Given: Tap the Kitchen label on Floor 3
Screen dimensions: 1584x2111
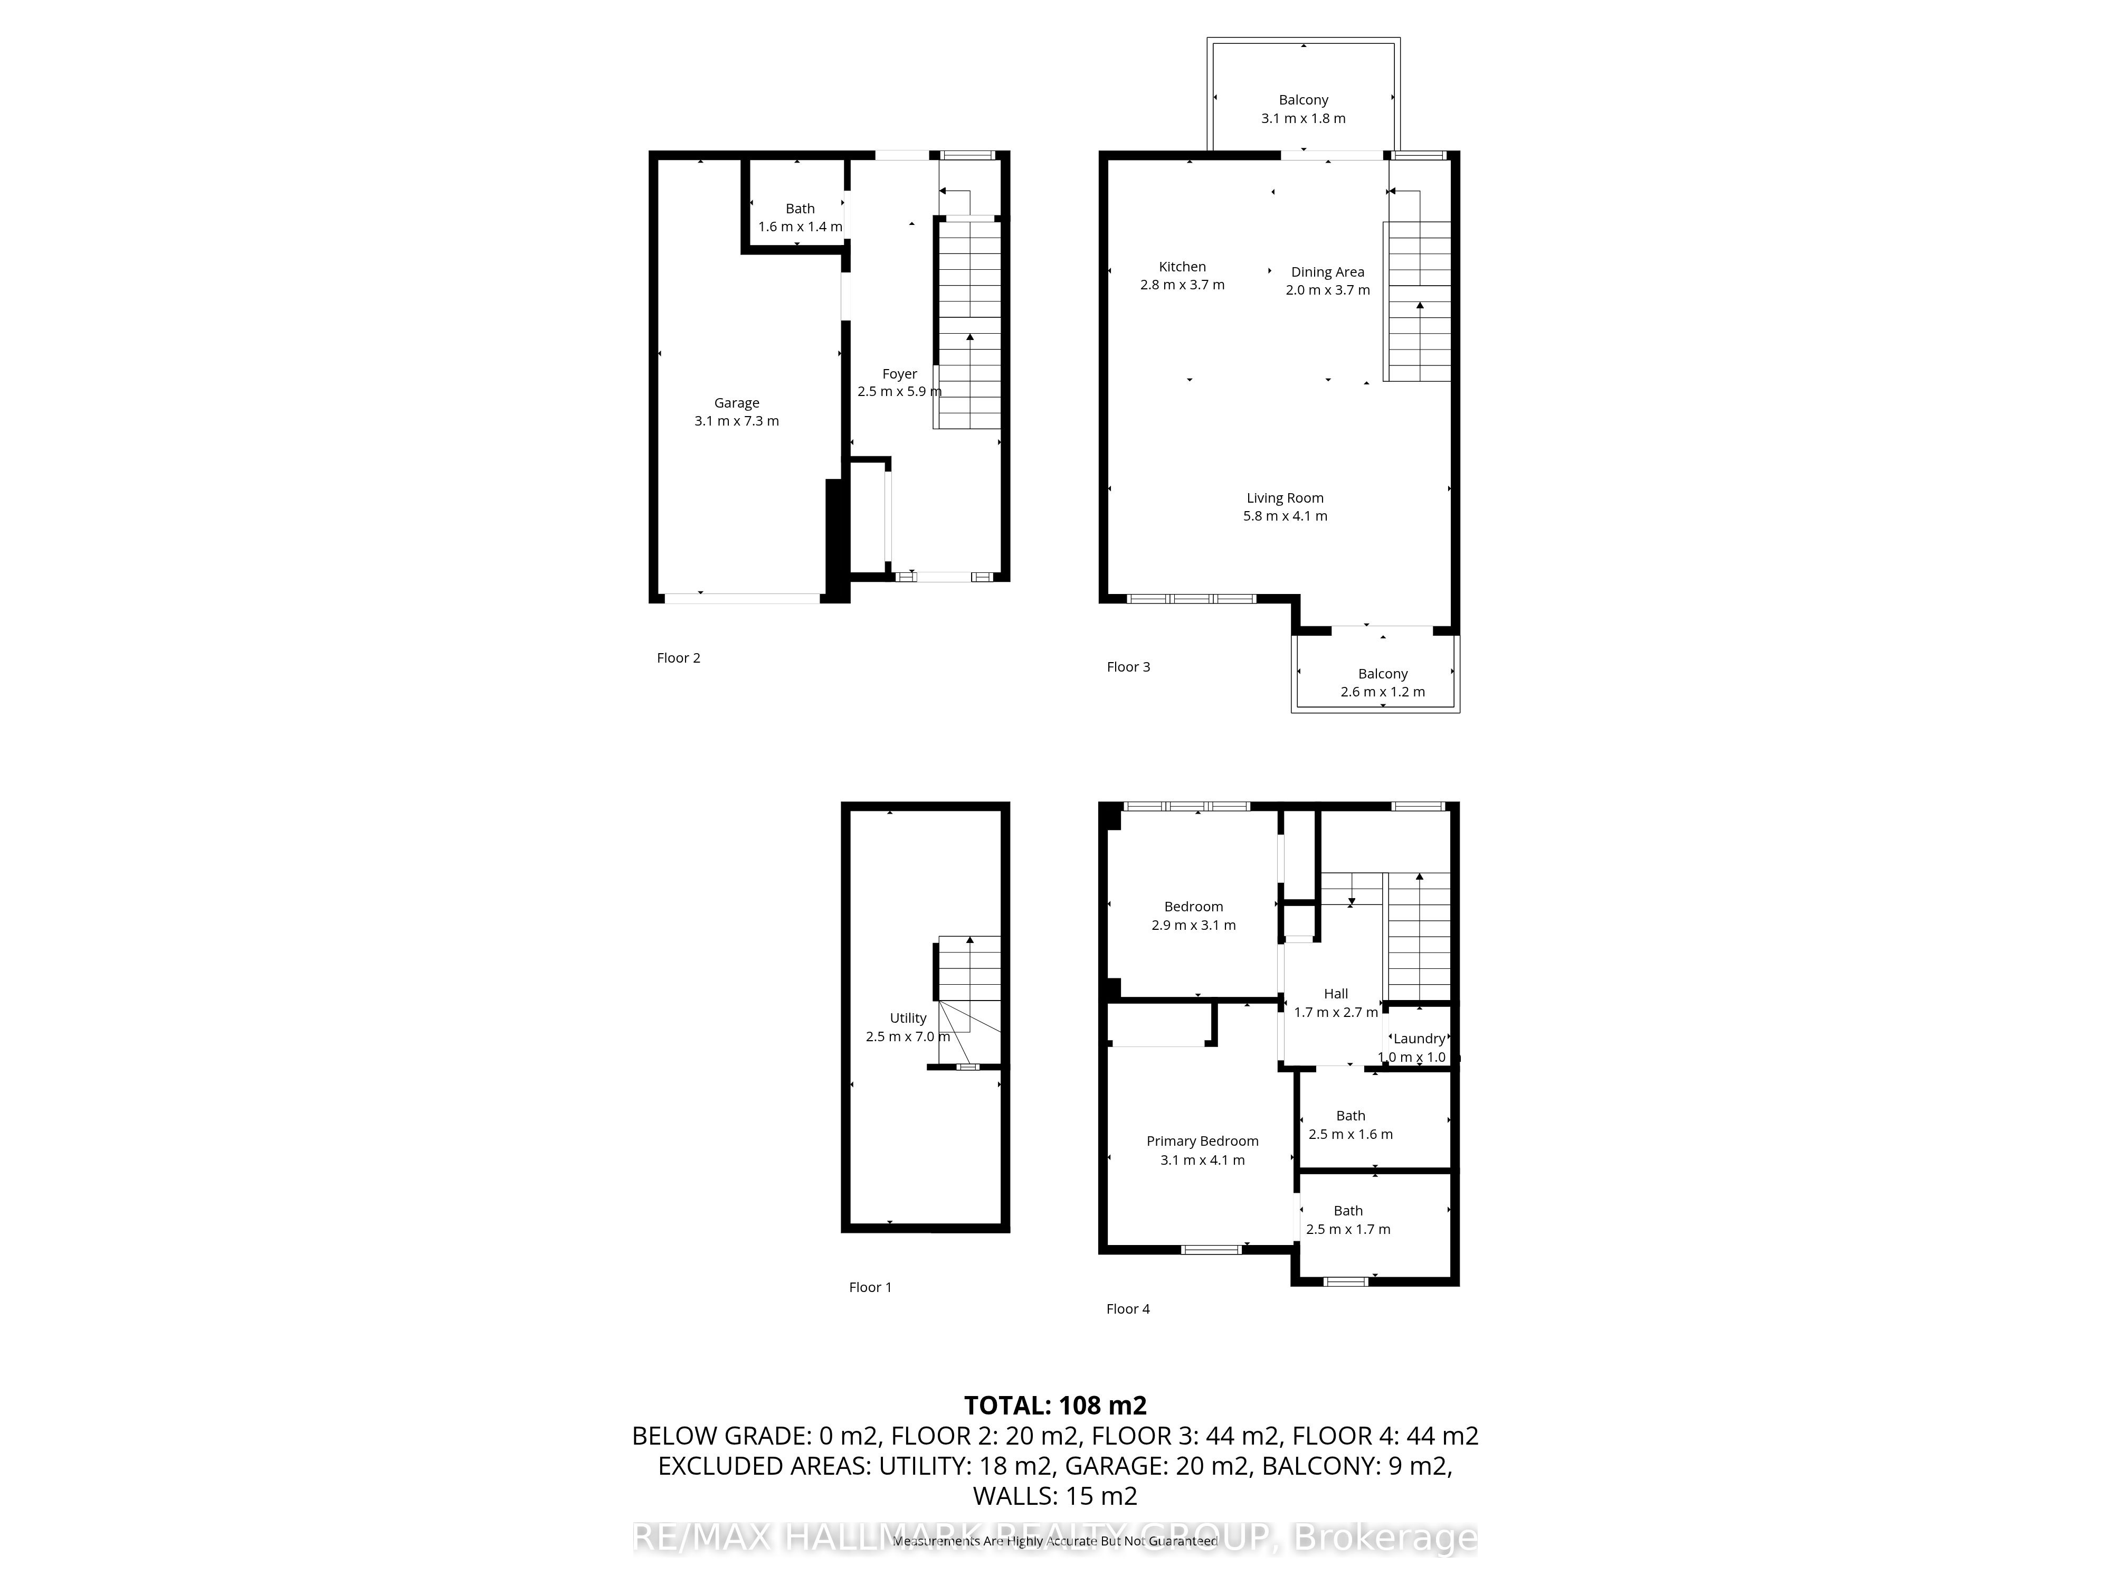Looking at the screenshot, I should (x=1183, y=267).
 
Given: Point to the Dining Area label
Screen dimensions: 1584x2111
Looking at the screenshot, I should (x=1327, y=272).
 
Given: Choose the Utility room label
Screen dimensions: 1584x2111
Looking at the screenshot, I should (x=908, y=1018).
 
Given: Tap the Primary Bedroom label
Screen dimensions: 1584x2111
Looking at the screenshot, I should (x=1202, y=1141).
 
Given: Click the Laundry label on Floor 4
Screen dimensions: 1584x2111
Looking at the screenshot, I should (x=1418, y=1039).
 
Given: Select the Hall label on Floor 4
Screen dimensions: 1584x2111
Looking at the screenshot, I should (x=1335, y=994).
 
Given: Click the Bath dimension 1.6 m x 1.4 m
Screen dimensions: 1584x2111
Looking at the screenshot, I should (x=800, y=227).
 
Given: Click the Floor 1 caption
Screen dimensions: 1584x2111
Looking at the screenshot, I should (x=869, y=1287).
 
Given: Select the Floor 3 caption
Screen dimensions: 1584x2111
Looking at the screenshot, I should (x=1128, y=666).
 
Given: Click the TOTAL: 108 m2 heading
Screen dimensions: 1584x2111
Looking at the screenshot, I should (x=1054, y=1406).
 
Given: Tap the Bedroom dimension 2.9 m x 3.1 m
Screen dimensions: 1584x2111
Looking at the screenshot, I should (x=1193, y=925).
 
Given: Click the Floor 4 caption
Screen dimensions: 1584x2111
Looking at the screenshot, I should (x=1127, y=1309).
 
